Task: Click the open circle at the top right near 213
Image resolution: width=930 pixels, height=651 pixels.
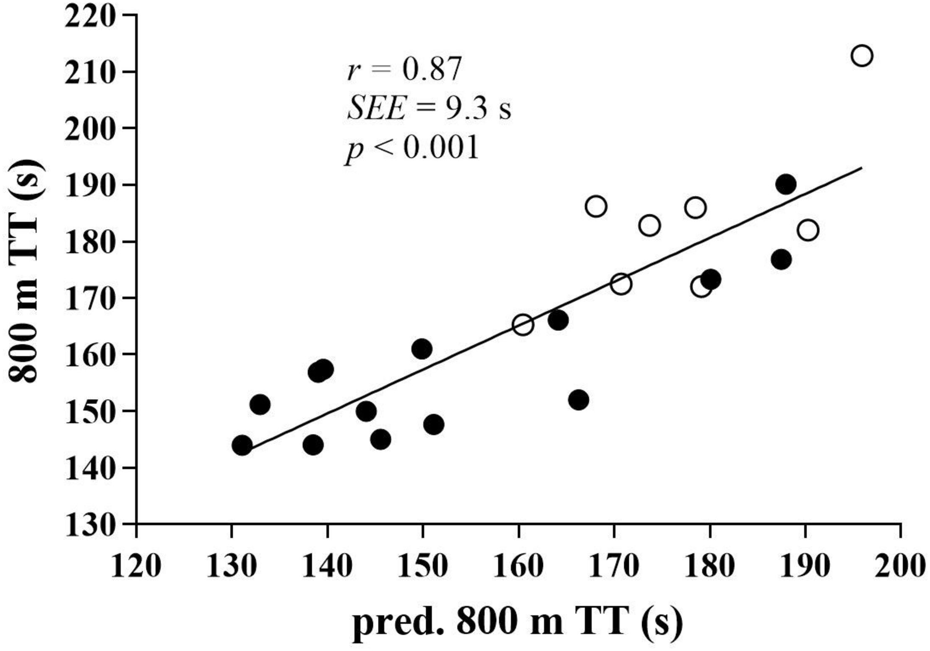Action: pos(862,56)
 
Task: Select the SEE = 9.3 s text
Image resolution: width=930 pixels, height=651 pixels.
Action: pos(429,109)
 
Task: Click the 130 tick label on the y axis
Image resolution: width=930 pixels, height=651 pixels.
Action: pos(90,526)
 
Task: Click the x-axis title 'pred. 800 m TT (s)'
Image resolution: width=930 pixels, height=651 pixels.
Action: pos(517,622)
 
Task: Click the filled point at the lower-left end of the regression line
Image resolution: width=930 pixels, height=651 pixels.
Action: pos(242,445)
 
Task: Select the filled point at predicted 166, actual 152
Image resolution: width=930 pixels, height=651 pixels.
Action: pos(578,400)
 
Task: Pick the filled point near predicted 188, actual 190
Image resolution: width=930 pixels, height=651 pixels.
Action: pos(786,184)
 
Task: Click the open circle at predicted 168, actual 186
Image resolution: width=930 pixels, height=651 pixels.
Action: pos(596,206)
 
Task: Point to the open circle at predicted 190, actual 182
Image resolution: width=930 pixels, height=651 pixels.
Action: pos(808,230)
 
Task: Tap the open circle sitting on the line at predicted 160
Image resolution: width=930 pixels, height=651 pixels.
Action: pos(523,325)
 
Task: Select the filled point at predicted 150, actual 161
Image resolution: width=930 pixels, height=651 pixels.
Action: pos(422,349)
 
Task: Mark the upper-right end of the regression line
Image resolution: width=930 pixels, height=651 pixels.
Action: pos(861,168)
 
